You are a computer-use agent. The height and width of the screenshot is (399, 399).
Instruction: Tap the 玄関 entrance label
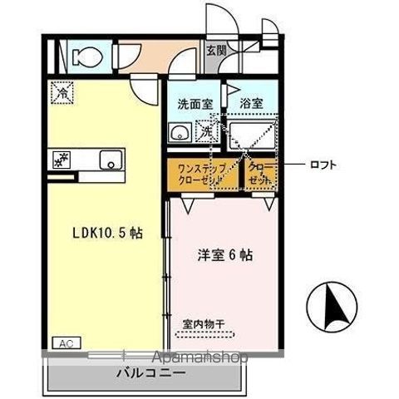215,50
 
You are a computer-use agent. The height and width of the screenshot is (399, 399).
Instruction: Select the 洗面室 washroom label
193,105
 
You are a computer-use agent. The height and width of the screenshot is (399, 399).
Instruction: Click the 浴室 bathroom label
252,105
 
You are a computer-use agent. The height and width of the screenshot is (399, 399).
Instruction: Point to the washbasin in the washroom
177,133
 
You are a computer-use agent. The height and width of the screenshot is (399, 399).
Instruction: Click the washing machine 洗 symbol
204,131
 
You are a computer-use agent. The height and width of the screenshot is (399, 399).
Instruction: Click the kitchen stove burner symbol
61,158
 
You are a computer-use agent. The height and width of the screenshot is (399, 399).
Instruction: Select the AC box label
64,342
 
